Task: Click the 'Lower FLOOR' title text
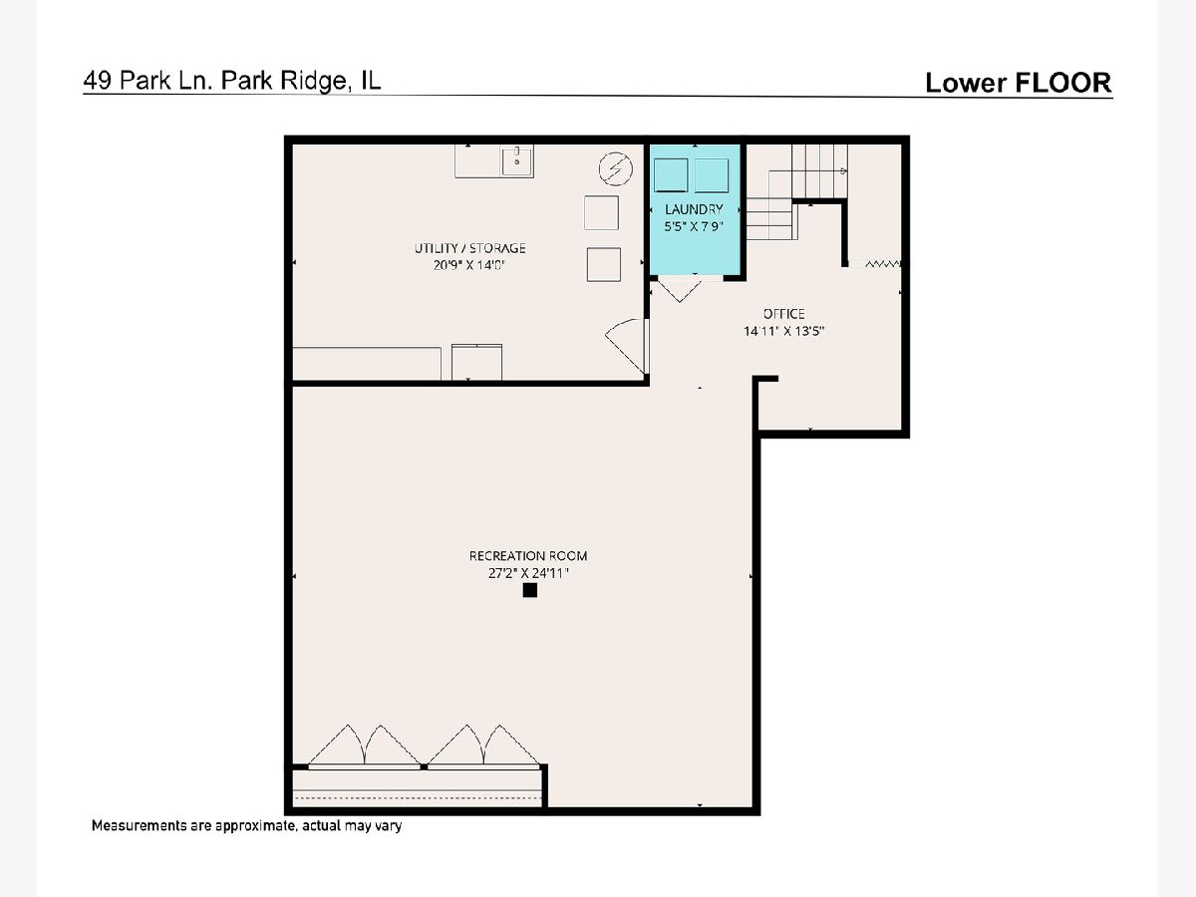pos(1019,83)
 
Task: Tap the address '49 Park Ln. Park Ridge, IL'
pos(231,81)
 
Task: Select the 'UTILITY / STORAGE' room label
pos(469,248)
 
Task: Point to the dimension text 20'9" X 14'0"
pos(469,265)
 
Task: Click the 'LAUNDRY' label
pos(694,209)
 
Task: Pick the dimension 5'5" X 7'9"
pos(694,226)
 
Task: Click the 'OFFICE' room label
pos(783,314)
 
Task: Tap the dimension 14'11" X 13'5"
pos(783,331)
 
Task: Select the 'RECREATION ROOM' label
pos(528,556)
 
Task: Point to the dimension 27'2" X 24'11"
pos(528,573)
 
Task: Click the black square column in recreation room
pos(529,590)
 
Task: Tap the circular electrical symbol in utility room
pos(616,168)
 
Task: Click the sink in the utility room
pos(517,160)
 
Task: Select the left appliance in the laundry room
pos(671,174)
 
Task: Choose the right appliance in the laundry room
pos(712,175)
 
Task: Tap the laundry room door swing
pos(680,291)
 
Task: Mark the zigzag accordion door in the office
pos(883,264)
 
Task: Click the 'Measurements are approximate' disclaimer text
pos(246,825)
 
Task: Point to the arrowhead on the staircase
pos(844,171)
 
